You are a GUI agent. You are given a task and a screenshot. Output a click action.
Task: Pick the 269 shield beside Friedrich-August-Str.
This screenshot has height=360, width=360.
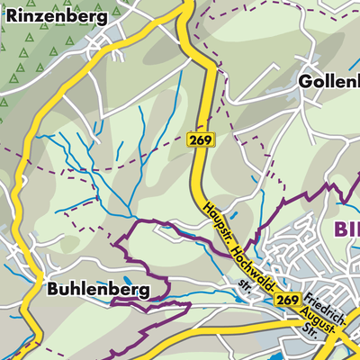pyautogui.click(x=288, y=300)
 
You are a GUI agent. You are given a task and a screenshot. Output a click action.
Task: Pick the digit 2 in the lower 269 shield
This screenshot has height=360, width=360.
pyautogui.click(x=282, y=300)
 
